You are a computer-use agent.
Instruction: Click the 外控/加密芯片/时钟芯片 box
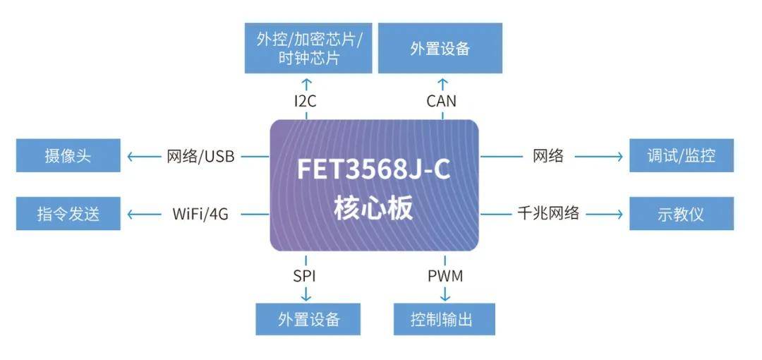click(308, 48)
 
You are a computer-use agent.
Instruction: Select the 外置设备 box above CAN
click(440, 48)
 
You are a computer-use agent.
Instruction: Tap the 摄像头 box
click(68, 156)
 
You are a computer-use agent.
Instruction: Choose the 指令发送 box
click(68, 213)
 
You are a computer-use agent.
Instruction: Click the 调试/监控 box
click(681, 156)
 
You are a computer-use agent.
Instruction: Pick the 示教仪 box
click(681, 213)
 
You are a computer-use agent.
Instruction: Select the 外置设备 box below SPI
click(308, 319)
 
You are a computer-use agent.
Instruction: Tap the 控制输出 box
click(444, 319)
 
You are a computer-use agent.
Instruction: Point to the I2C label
click(306, 101)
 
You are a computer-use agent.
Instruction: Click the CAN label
click(441, 101)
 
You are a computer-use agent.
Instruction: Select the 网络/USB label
click(200, 156)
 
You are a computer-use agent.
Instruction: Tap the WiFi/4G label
click(200, 213)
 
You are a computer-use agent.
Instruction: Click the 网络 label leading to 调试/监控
click(548, 156)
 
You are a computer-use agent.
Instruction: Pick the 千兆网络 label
click(548, 213)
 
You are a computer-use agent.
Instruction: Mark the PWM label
click(445, 275)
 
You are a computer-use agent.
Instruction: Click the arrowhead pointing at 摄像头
click(128, 156)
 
